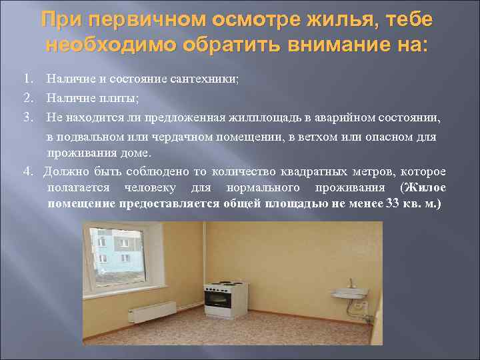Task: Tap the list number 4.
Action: coord(27,171)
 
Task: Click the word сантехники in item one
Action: coord(207,79)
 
